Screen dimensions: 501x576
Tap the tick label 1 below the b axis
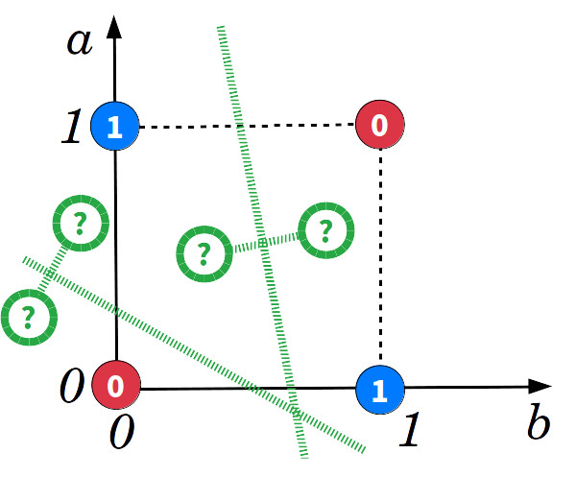411,432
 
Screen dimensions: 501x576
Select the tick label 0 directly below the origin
120,434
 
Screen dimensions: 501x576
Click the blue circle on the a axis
115,127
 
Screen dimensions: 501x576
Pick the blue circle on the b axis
380,389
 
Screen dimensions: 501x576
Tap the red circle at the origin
115,386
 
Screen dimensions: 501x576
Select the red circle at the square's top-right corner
380,125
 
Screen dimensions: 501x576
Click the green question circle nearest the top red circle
325,230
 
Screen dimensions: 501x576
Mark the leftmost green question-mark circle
29,315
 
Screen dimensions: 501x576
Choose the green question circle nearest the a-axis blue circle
80,223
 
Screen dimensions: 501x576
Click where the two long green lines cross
297,414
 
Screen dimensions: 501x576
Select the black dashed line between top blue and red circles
247,126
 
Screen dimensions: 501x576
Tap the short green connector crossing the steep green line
264,243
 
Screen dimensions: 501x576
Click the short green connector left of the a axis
54,269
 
